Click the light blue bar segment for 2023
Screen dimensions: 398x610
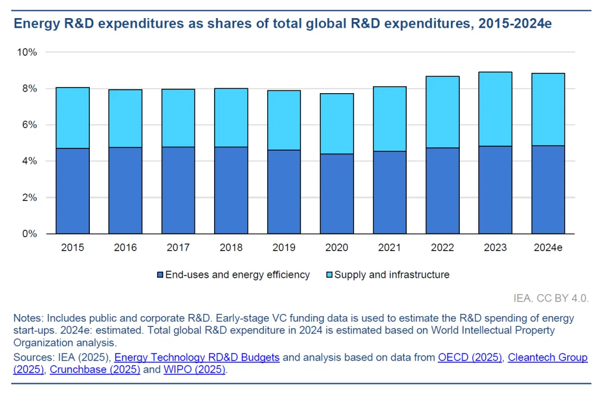tap(495, 109)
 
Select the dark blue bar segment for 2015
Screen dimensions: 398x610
tap(73, 191)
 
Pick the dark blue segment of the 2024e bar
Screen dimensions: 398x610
tap(548, 190)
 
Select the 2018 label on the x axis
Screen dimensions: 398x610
tap(231, 248)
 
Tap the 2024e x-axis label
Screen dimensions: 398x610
tap(548, 248)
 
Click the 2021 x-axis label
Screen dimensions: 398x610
tap(390, 248)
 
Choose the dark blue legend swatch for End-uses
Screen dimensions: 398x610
tap(160, 275)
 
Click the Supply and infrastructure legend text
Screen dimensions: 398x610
tap(392, 275)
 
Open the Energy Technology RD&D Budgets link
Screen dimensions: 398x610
tap(197, 357)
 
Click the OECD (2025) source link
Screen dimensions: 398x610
tap(470, 357)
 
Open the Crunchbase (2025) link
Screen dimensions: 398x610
tap(95, 370)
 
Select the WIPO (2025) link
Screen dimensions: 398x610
tap(194, 370)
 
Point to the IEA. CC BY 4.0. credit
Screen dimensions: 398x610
tap(551, 298)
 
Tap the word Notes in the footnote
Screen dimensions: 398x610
tap(27, 318)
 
